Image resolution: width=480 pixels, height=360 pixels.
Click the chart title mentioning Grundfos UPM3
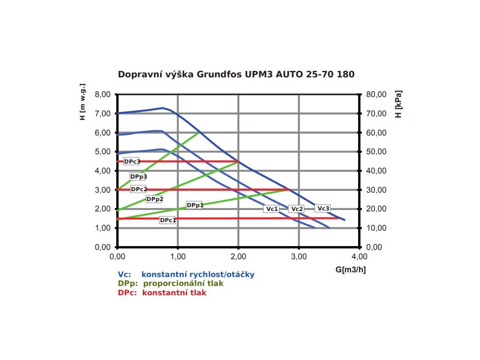click(x=236, y=74)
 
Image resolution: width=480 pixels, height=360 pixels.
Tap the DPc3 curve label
click(x=132, y=162)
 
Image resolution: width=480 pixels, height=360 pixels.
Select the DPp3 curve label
click(x=139, y=177)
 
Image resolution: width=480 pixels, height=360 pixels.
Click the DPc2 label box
click(x=139, y=189)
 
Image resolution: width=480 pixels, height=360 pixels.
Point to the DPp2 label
click(x=155, y=199)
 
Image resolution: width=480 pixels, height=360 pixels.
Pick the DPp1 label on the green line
click(x=195, y=205)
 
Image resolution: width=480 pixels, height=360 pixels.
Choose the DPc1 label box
click(x=168, y=220)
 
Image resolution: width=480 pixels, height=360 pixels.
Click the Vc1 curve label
click(x=272, y=209)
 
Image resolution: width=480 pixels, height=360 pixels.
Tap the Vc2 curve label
click(x=297, y=209)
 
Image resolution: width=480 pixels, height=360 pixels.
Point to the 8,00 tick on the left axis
click(x=103, y=94)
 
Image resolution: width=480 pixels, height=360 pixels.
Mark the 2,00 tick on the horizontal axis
click(x=238, y=257)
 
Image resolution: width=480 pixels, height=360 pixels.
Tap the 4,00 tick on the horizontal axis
click(x=360, y=257)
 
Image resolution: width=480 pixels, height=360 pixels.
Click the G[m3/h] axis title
click(x=351, y=270)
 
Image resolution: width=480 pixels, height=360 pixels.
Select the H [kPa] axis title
click(x=399, y=104)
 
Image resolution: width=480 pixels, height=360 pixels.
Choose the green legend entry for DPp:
click(x=171, y=284)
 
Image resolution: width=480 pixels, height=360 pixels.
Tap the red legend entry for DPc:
click(x=162, y=293)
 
